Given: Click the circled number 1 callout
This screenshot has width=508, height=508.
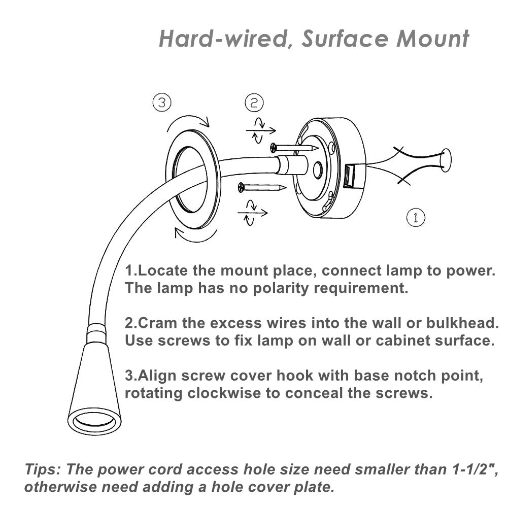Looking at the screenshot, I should coord(416,218).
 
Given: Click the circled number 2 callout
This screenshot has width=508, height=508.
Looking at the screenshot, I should coord(254,103).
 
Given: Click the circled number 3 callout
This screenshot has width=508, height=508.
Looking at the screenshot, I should coord(162,103).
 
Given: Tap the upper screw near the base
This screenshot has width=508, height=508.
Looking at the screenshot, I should coord(294,148).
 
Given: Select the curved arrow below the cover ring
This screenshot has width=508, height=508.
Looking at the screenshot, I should coord(196,234).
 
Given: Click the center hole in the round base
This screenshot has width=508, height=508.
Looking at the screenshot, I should coord(318,170).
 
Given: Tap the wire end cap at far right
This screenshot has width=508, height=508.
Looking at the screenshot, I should coord(446,159).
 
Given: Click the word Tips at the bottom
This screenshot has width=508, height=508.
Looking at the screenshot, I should coord(43,469).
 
